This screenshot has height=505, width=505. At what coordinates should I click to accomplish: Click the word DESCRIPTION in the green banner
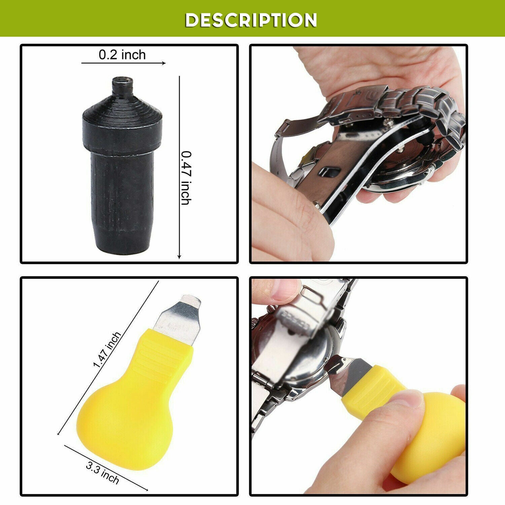[x=251, y=20]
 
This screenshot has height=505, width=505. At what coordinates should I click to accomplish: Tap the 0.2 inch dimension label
[x=122, y=55]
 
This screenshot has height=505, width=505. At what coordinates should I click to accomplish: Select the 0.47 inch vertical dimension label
[x=186, y=178]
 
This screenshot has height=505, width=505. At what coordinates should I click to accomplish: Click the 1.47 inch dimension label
[x=107, y=349]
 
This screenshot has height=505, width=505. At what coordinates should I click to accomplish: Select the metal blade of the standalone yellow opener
[x=178, y=320]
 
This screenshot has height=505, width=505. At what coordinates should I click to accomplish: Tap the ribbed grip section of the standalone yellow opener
[x=162, y=357]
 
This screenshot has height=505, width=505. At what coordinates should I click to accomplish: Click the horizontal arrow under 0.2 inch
[x=124, y=63]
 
